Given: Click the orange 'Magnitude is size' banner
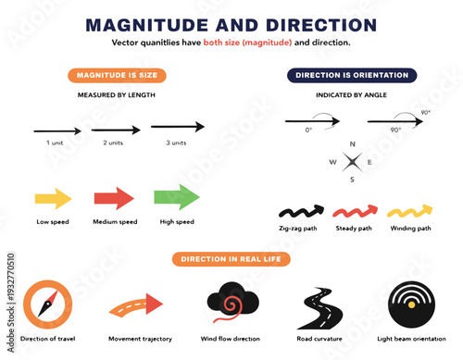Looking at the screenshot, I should (x=109, y=75).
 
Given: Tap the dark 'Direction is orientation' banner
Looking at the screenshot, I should (x=351, y=75).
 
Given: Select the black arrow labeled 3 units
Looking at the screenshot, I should (x=177, y=127).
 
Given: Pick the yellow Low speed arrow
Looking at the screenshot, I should (x=54, y=197).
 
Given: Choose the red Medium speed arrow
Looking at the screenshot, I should (x=114, y=197).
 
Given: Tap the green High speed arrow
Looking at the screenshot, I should (x=176, y=197).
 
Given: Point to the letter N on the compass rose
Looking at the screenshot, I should (x=352, y=144).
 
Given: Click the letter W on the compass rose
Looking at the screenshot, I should (x=333, y=163).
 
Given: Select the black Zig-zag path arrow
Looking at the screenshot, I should (x=300, y=210).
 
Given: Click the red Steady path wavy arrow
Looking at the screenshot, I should (x=354, y=210).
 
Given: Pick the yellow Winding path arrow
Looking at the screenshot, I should (x=408, y=210).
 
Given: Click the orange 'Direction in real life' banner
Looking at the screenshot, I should (x=231, y=259).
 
